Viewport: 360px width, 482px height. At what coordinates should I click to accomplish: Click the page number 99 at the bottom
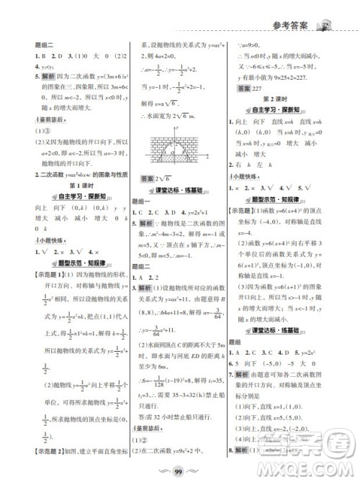pos(180,470)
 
